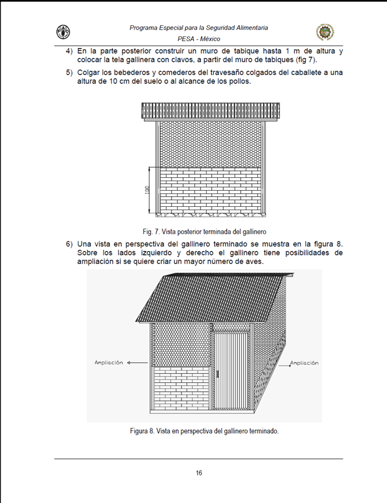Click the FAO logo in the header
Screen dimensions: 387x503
click(x=63, y=32)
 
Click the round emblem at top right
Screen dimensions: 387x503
click(x=325, y=32)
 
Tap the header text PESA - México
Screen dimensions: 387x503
click(x=199, y=39)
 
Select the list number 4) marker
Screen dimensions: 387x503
click(x=69, y=51)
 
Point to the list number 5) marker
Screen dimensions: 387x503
click(x=69, y=73)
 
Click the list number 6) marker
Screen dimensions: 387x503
click(x=69, y=244)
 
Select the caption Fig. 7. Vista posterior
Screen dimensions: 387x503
click(x=204, y=231)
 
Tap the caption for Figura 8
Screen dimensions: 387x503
click(x=204, y=431)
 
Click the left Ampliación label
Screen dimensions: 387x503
click(x=109, y=363)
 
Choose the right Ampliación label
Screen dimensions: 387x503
click(x=304, y=363)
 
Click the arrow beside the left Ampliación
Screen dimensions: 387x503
click(x=137, y=363)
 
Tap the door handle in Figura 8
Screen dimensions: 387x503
click(x=217, y=374)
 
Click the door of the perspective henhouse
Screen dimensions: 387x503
click(x=231, y=370)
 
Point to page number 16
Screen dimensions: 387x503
click(x=199, y=473)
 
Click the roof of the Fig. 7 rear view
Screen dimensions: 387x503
click(x=211, y=111)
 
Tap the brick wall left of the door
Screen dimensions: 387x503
click(x=181, y=388)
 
